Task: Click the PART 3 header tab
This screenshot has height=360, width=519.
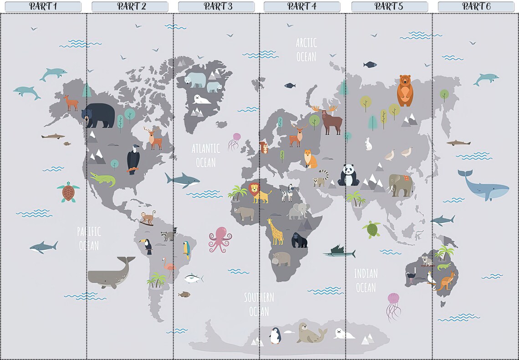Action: point(216,6)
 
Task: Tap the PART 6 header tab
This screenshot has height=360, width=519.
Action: point(476,6)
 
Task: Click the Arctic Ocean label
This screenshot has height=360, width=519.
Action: point(306,49)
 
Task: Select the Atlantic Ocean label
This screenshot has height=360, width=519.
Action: point(206,155)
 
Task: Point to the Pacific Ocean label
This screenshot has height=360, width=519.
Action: point(89,238)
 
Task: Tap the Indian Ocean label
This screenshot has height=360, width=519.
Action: point(366,280)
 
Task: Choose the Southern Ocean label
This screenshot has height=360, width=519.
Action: point(259,304)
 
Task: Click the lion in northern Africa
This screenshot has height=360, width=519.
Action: point(260,193)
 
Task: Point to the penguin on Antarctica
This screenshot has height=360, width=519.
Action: point(275,335)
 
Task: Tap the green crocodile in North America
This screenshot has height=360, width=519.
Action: point(102,179)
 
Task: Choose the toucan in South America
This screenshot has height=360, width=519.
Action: point(148,246)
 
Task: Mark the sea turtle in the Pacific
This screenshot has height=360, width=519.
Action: point(68,192)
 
